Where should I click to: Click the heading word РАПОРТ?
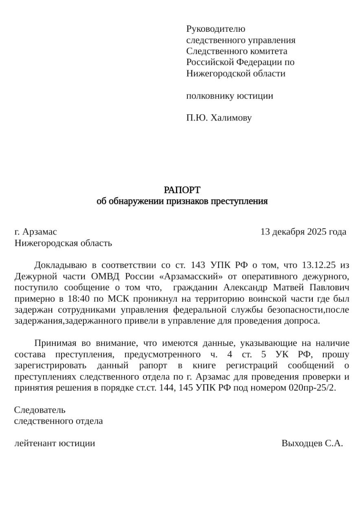tap(182, 190)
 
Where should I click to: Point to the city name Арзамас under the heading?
tap(40, 232)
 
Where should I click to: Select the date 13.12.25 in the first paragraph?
tap(319, 265)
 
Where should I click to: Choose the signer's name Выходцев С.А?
tap(312, 443)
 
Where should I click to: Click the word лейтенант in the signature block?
tap(35, 443)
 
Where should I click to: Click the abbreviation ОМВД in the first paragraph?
tap(95, 276)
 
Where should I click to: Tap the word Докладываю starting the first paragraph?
tap(60, 265)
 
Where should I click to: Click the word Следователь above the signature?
tap(40, 410)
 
